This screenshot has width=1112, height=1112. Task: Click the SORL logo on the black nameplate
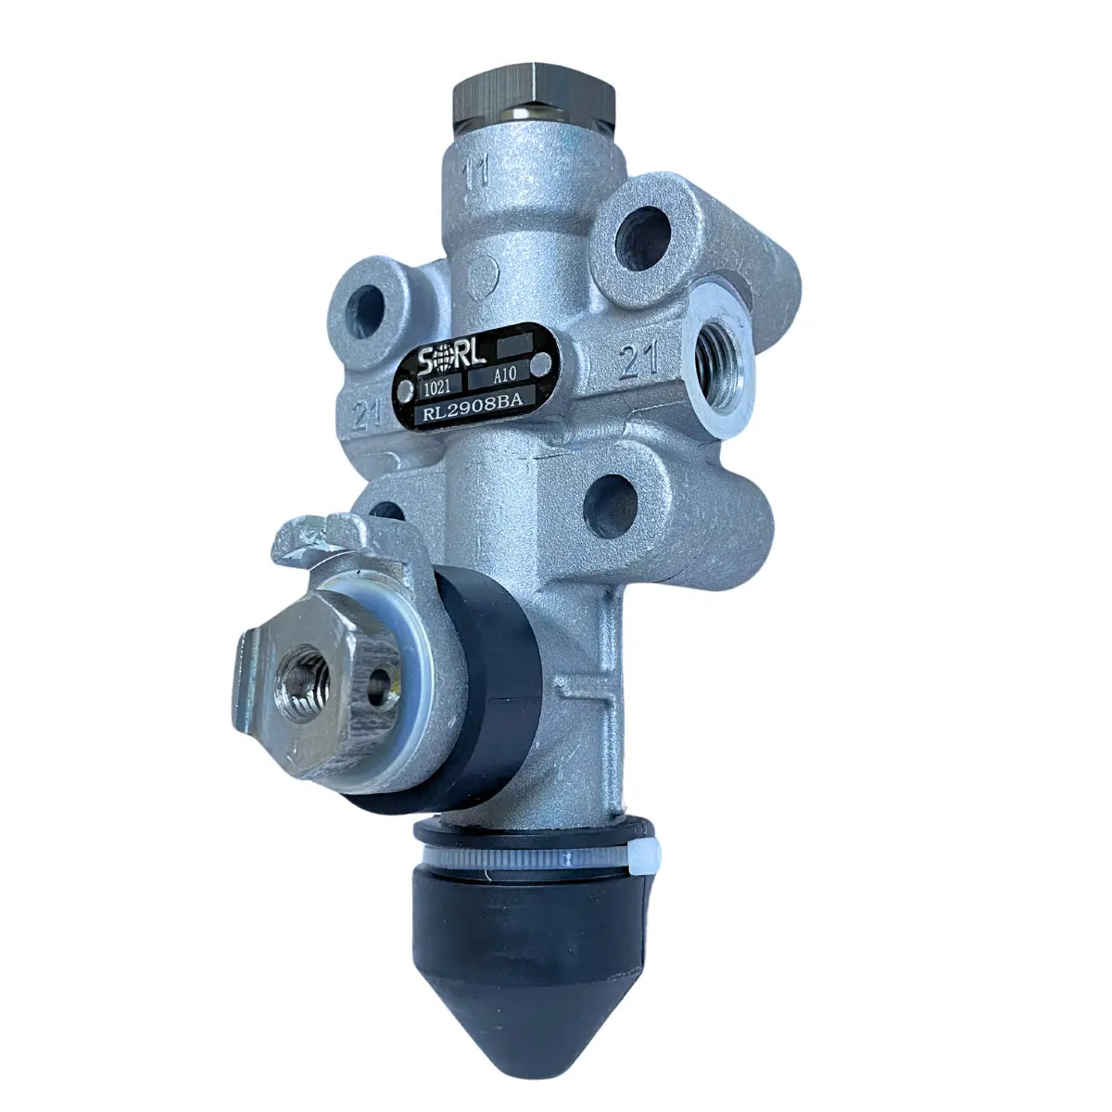coord(451,360)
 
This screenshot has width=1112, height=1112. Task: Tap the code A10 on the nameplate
coord(504,375)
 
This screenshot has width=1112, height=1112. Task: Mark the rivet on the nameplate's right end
coord(541,362)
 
